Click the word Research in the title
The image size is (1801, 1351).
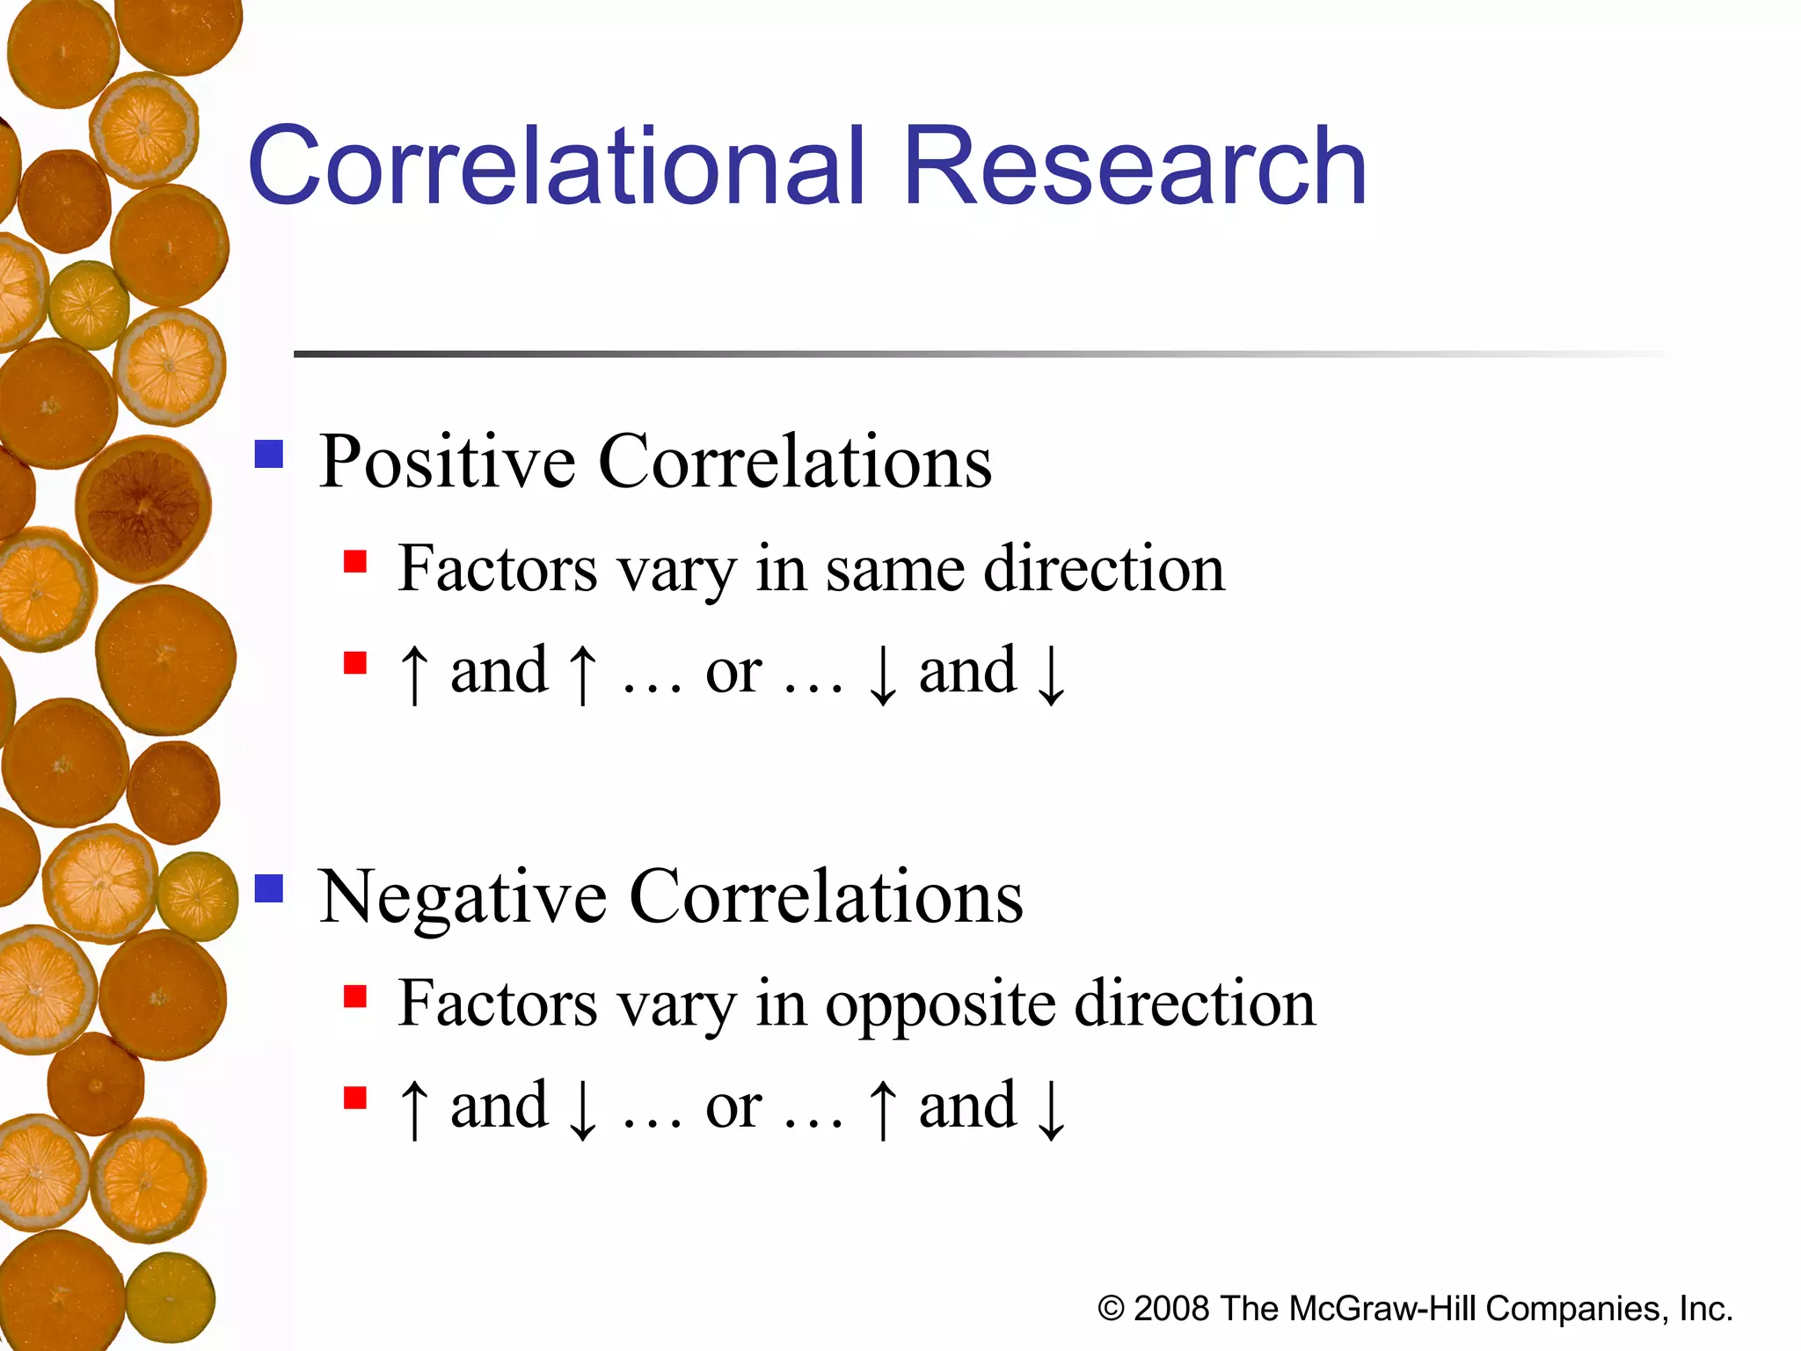coord(1134,167)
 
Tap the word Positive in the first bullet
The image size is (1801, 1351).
coord(447,462)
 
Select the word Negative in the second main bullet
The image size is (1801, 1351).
coord(463,897)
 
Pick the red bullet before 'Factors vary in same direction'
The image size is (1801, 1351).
coord(355,561)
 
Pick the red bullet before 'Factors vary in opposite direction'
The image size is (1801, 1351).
coord(355,997)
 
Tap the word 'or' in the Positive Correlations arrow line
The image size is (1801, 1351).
coord(733,673)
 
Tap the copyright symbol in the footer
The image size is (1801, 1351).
coord(1111,1310)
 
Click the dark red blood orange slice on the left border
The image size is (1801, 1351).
coord(143,508)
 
